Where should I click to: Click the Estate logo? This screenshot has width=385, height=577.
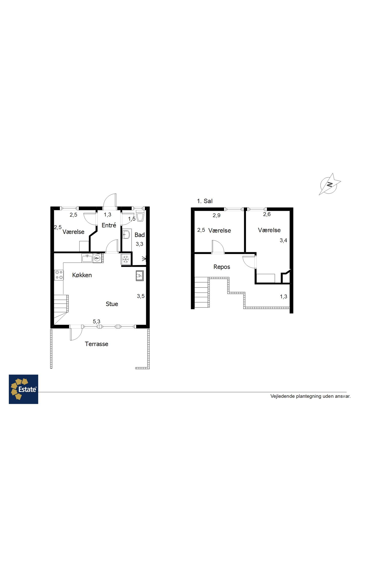click(23, 389)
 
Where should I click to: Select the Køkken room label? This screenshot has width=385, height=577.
click(82, 275)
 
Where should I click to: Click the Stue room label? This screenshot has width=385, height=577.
click(112, 304)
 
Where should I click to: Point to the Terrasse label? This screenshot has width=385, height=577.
click(97, 344)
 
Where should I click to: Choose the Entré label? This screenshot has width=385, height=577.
click(109, 225)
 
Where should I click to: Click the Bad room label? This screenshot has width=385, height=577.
click(140, 235)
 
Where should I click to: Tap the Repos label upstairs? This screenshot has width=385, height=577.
click(222, 267)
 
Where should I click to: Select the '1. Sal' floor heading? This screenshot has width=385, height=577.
click(205, 201)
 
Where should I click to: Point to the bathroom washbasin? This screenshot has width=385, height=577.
click(126, 234)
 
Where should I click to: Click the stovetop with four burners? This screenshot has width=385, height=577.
click(59, 275)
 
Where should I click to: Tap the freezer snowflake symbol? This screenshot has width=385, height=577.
click(126, 260)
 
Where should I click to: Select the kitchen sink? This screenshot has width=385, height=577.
click(87, 258)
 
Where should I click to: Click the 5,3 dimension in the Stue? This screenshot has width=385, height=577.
click(97, 321)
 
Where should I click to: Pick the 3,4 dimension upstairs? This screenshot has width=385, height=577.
click(283, 240)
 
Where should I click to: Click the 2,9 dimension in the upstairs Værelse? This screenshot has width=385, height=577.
click(216, 215)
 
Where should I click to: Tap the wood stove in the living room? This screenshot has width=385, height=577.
click(140, 276)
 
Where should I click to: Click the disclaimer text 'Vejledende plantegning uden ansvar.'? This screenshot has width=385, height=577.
click(311, 396)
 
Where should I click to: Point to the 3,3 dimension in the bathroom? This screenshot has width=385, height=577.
click(139, 244)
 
